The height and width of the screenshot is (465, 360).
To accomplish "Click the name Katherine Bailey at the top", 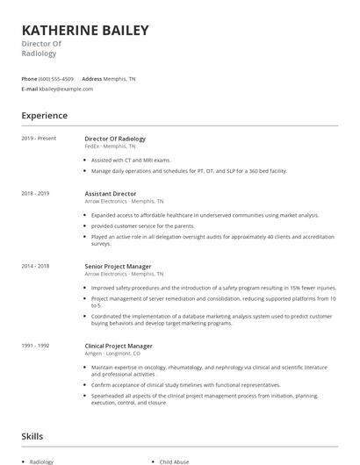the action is pyautogui.click(x=85, y=31).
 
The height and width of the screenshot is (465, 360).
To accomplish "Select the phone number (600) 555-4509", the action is pyautogui.click(x=56, y=79).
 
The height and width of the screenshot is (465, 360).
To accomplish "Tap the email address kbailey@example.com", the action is pyautogui.click(x=66, y=89).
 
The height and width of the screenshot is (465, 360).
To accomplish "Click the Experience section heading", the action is pyautogui.click(x=44, y=116).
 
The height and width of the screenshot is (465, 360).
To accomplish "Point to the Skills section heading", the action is pyautogui.click(x=32, y=436).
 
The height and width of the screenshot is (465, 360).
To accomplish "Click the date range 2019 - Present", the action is pyautogui.click(x=39, y=139).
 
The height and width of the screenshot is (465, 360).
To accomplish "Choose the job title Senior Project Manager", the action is pyautogui.click(x=118, y=266).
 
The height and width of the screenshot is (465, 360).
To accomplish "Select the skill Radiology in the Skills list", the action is pyautogui.click(x=41, y=461).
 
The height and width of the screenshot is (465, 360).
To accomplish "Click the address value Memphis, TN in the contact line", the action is pyautogui.click(x=119, y=79).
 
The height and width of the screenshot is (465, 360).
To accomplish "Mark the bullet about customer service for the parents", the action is pyautogui.click(x=132, y=225).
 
